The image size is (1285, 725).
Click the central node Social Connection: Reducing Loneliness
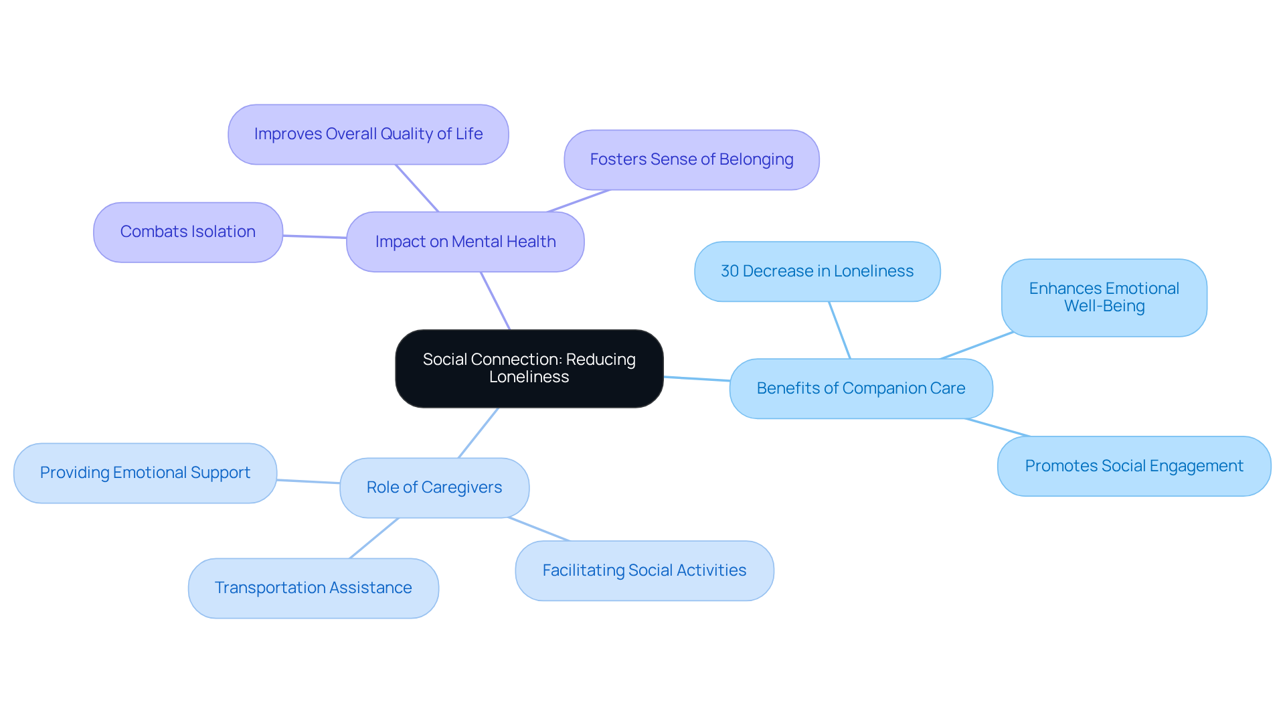point(529,368)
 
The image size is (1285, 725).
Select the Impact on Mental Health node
point(465,242)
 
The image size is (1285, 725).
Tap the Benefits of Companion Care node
point(861,388)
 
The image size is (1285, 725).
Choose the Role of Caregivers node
point(434,487)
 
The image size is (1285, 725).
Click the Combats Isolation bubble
point(188,232)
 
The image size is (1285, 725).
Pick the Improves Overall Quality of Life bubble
point(368,134)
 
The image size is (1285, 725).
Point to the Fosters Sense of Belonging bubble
point(691,159)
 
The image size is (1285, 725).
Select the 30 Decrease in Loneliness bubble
point(817,271)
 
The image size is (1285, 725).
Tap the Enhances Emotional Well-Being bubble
point(1104,297)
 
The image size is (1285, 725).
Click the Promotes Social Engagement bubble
point(1134,466)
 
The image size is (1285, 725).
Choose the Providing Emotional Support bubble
point(145,473)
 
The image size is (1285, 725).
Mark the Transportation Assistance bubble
point(313,588)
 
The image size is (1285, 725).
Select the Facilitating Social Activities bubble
point(644,570)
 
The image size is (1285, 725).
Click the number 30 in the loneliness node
point(730,271)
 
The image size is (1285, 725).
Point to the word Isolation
point(224,232)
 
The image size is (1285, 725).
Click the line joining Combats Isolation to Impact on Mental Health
point(315,236)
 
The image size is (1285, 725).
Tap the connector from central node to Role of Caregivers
point(479,432)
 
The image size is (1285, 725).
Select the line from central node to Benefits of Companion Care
point(697,379)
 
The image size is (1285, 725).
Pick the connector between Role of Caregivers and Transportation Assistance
point(374,538)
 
